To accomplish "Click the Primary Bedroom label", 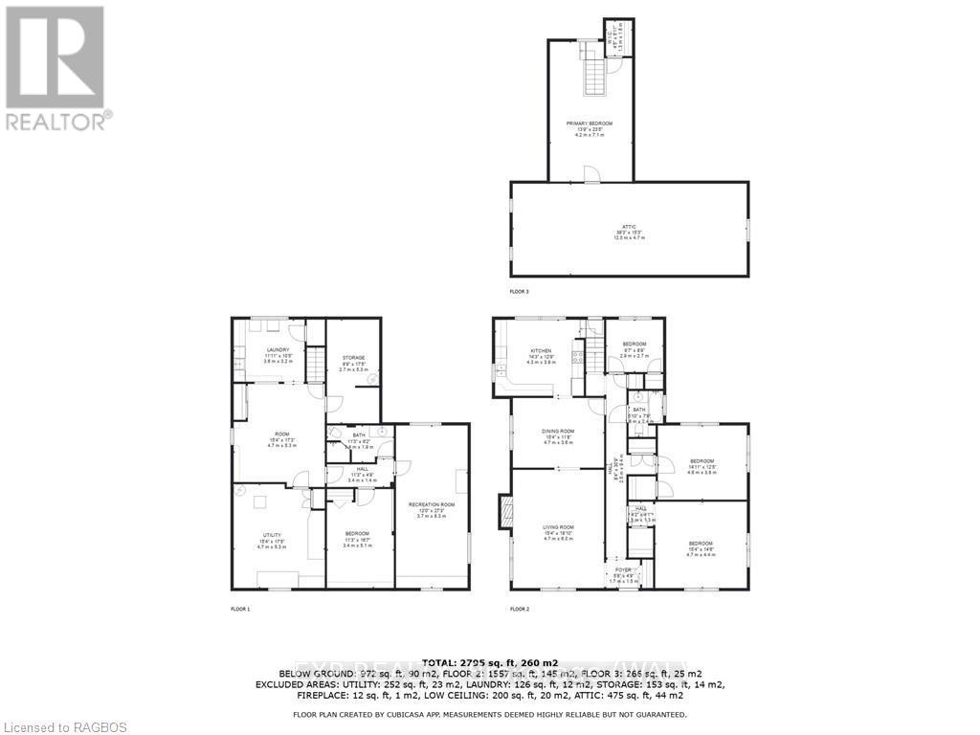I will (x=589, y=123).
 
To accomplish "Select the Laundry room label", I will (x=278, y=350).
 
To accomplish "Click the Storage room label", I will (x=353, y=358).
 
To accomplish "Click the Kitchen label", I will (x=542, y=351).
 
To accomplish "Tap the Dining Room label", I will (x=559, y=432).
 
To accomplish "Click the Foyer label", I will (x=623, y=569).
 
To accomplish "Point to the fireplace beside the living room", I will (x=504, y=511).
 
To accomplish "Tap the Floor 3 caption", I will (x=519, y=290).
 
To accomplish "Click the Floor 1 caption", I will (x=240, y=609).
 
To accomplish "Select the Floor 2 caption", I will (x=520, y=609).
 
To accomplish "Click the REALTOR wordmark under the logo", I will (x=58, y=122).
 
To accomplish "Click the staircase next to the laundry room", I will (x=314, y=364).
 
